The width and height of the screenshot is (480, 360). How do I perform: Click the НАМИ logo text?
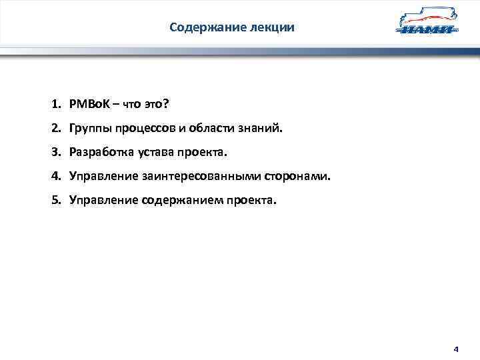click(426, 30)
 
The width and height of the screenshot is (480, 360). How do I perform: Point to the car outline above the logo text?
click(427, 17)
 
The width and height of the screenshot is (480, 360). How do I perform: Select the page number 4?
click(456, 349)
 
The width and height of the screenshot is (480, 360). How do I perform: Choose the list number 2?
click(55, 128)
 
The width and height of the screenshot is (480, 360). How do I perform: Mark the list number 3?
click(55, 152)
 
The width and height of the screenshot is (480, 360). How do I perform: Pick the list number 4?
click(55, 176)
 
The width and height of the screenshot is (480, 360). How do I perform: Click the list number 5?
click(55, 200)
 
